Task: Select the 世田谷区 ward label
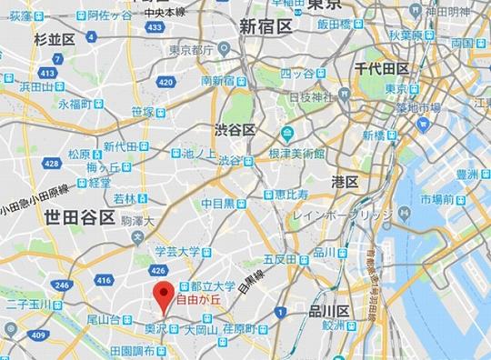80,218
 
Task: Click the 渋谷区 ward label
237,130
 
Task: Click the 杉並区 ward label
55,41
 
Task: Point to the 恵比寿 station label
286,195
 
